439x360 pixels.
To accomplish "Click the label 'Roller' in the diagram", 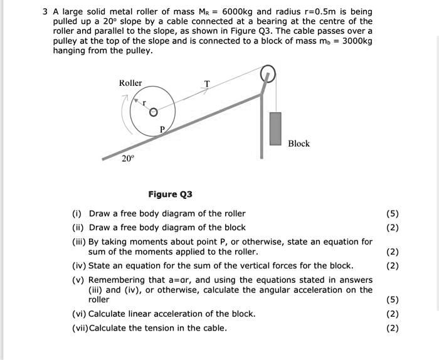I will [130, 83].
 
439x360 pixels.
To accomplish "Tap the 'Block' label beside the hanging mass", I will [299, 144].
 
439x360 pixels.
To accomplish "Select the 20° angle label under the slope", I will [127, 159].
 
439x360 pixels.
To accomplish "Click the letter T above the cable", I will [208, 83].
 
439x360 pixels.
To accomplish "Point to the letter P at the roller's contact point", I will [162, 129].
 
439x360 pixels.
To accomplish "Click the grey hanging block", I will [275, 129].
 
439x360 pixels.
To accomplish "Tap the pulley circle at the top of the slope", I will [268, 74].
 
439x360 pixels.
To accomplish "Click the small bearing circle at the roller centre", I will [152, 112].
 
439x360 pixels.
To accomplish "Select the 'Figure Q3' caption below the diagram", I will [170, 194].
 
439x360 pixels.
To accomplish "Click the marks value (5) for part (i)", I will [393, 213].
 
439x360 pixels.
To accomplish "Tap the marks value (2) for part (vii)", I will [393, 328].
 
